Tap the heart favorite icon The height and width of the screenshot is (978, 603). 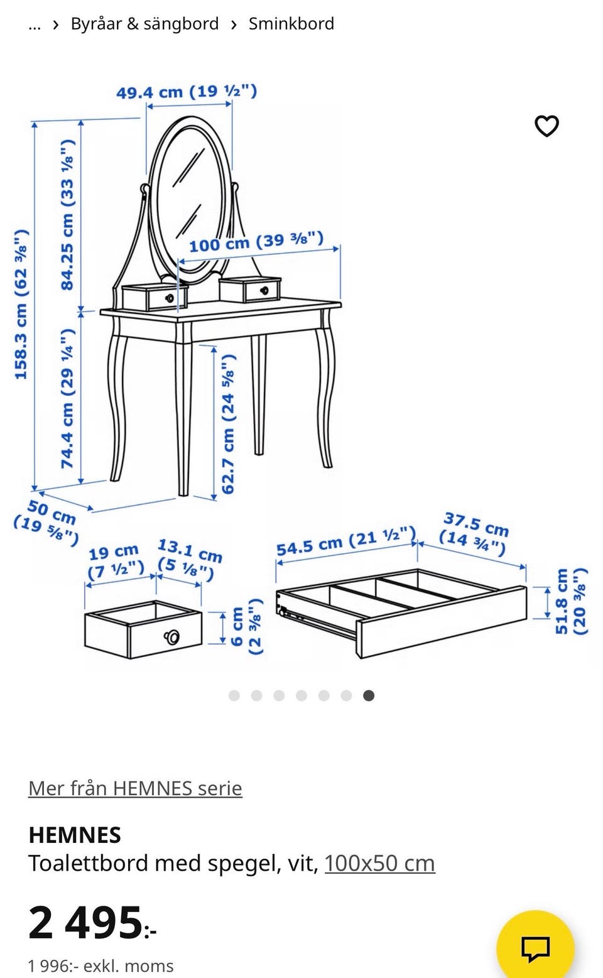pos(546,126)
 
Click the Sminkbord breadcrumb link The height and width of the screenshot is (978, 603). pos(291,24)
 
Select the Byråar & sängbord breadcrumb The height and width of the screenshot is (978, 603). pos(144,24)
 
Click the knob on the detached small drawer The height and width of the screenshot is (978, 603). pos(171,637)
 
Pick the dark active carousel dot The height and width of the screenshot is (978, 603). pos(369,695)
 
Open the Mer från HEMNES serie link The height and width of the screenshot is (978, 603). pos(135,788)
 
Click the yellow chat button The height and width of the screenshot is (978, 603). pos(535,947)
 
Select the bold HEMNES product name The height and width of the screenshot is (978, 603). pos(75,835)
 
